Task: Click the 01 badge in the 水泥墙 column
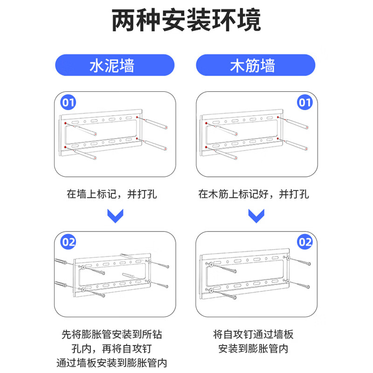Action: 69,102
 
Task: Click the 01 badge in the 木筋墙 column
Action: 304,102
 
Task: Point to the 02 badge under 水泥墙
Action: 69,242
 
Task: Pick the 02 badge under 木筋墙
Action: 304,242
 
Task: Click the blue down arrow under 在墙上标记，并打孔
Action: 115,216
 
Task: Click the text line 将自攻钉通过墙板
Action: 254,334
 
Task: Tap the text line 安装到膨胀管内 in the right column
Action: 254,349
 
